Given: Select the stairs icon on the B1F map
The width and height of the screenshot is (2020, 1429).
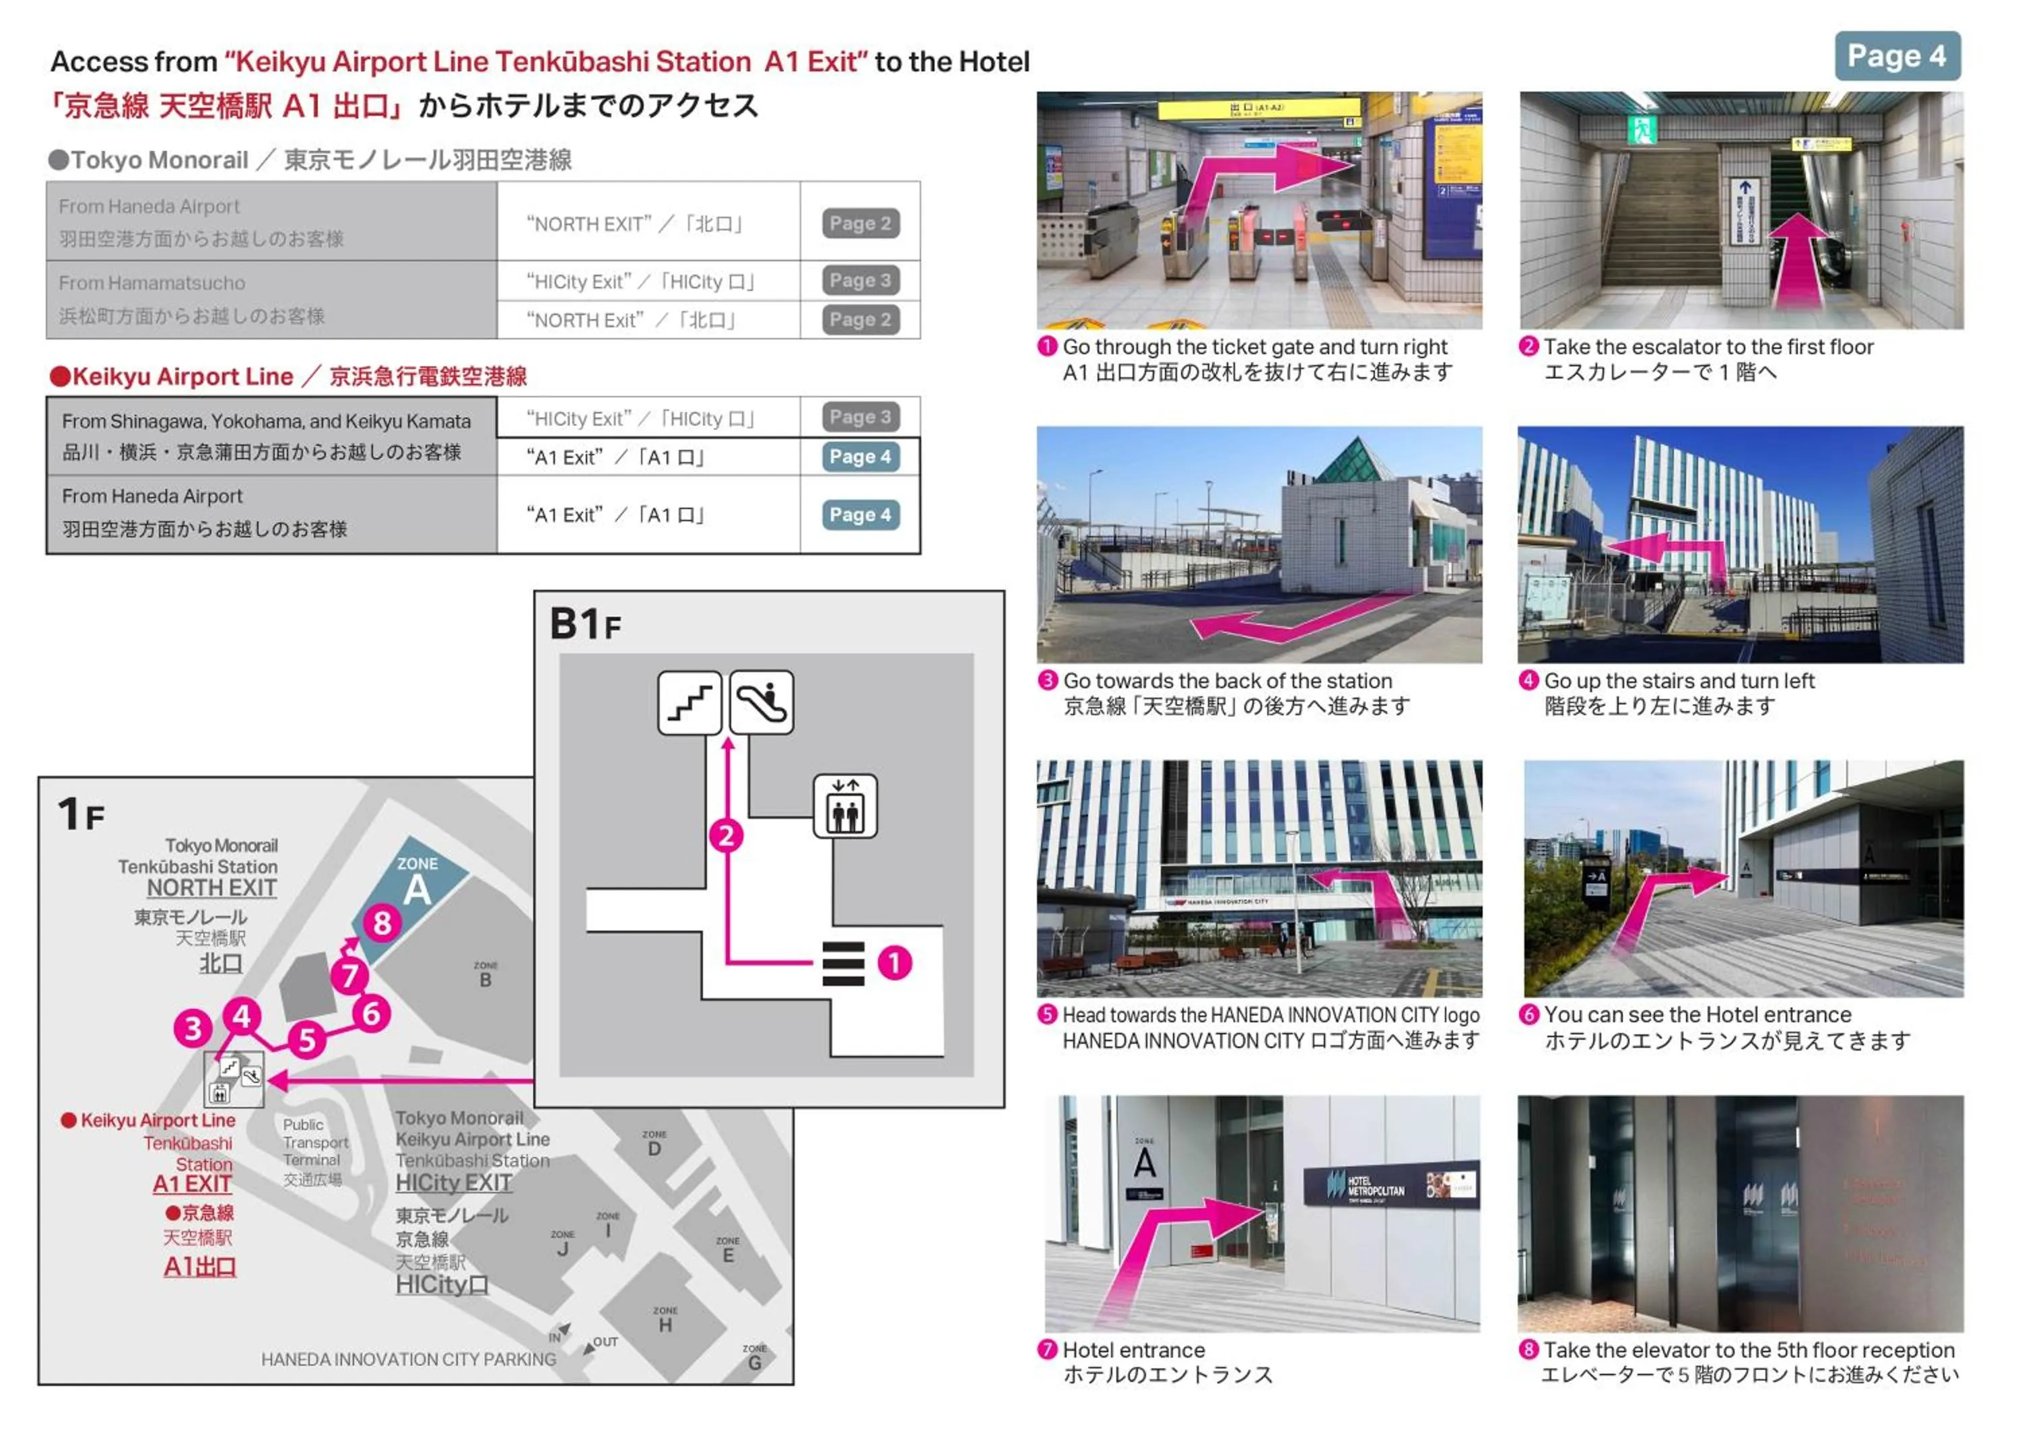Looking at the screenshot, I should pyautogui.click(x=689, y=702).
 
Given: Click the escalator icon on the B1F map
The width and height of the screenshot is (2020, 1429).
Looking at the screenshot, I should pyautogui.click(x=761, y=702).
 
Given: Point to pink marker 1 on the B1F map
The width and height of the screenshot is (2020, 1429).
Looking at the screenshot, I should pyautogui.click(x=895, y=962).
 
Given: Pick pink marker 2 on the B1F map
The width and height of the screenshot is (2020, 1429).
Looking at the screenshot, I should pyautogui.click(x=727, y=835).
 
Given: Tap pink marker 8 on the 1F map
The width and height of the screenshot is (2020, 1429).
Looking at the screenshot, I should pyautogui.click(x=382, y=923).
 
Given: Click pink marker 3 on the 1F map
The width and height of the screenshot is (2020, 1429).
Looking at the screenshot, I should pyautogui.click(x=193, y=1028).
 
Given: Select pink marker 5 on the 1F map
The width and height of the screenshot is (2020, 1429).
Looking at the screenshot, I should pyautogui.click(x=307, y=1040).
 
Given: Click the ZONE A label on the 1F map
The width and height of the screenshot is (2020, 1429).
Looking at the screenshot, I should pyautogui.click(x=417, y=882).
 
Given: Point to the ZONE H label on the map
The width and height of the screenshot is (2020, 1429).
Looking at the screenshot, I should pyautogui.click(x=665, y=1320).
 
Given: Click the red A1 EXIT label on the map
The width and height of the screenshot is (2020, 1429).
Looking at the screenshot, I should pyautogui.click(x=192, y=1185).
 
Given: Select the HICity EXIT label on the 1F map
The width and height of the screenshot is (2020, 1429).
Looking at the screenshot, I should pyautogui.click(x=453, y=1183).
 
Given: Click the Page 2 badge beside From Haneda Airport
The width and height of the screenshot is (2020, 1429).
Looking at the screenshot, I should pyautogui.click(x=860, y=224).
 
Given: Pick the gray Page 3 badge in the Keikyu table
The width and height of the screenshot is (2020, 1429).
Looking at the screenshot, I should pyautogui.click(x=860, y=417).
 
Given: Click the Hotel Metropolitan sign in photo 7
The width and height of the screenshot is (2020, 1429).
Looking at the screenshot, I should pyautogui.click(x=1389, y=1185).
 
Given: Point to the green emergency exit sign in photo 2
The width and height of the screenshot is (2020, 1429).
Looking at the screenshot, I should pyautogui.click(x=1642, y=129).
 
